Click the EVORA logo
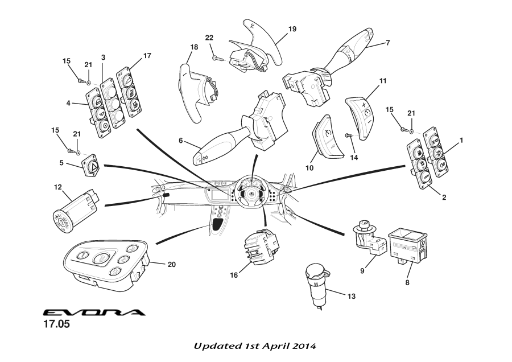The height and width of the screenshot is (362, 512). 94,312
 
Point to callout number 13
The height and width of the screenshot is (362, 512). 351,297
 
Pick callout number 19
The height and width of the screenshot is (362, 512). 292,28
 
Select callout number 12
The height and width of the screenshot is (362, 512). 58,187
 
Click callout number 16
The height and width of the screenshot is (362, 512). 234,275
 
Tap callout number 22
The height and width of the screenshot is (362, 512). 209,38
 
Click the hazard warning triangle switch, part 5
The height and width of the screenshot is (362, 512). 91,165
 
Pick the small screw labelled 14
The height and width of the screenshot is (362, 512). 349,135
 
